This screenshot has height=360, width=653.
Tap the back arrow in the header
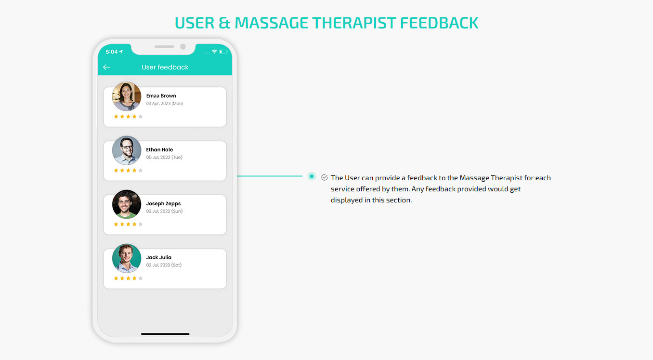107,67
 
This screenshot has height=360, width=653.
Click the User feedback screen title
165,67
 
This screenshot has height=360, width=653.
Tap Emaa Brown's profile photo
127,96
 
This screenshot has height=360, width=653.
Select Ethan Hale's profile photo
127,150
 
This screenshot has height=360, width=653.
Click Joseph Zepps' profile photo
127,204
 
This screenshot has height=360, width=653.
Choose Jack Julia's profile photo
127,258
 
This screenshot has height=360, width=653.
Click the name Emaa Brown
161,96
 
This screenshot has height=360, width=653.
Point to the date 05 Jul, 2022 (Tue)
164,157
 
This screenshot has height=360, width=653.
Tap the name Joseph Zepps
163,204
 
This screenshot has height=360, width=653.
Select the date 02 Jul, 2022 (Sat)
164,265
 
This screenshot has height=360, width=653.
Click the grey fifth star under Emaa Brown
141,117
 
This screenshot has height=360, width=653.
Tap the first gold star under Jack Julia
116,278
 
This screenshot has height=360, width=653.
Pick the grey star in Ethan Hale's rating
141,170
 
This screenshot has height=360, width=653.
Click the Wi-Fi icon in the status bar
215,52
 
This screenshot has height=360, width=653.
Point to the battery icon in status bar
223,52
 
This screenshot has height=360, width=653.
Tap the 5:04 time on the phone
112,52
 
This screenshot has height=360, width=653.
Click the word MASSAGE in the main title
271,23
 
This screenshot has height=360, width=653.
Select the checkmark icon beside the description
325,177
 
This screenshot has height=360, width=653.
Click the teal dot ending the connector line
312,176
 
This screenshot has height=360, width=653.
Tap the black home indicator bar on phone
165,334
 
